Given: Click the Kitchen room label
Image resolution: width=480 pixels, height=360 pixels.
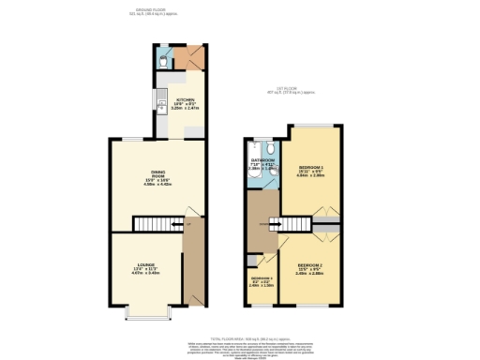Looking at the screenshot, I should pos(184,102).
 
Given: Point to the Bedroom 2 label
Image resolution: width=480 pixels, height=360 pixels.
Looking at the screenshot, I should pos(310,268).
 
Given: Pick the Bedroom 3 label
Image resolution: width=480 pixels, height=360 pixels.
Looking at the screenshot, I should pos(262,280).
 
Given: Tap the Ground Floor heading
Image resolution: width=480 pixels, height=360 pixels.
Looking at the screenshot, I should pos(152,11).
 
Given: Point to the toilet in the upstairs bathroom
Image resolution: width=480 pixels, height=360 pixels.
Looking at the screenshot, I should pos(269,147).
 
